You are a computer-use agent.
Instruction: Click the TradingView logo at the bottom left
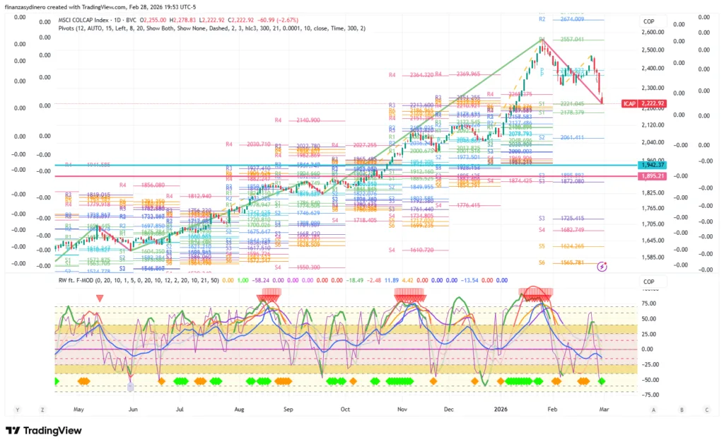43,431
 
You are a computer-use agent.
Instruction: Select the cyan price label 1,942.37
652,165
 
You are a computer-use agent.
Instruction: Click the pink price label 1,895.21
652,176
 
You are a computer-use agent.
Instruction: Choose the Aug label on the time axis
239,410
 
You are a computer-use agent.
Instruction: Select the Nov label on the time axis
402,410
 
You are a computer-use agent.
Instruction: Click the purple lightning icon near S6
602,267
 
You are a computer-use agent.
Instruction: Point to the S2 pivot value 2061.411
571,137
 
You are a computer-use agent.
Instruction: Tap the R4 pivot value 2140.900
308,120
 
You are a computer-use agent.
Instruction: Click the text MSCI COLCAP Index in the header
83,20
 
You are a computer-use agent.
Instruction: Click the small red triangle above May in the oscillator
99,298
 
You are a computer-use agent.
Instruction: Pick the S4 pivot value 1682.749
571,230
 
